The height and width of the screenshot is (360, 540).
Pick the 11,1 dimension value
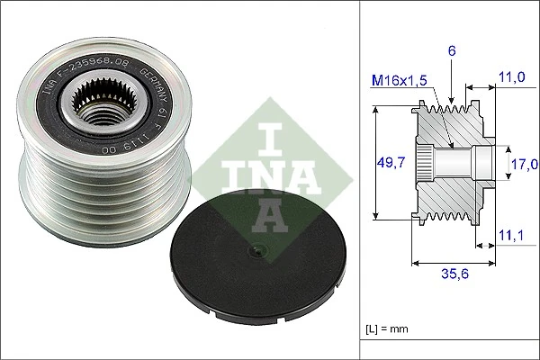tap(512, 236)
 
